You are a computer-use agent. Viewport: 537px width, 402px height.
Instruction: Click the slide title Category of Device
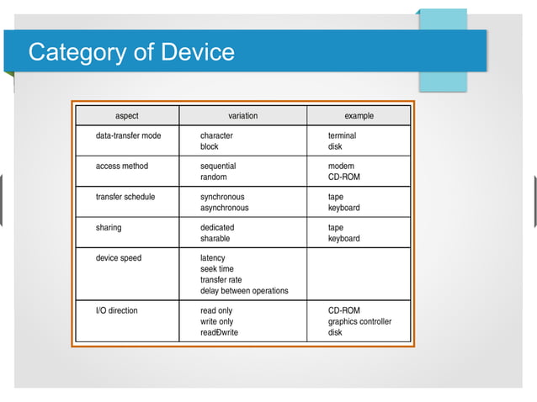pos(131,52)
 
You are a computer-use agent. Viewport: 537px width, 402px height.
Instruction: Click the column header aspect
pos(127,116)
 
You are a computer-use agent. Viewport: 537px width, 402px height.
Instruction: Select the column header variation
pos(243,116)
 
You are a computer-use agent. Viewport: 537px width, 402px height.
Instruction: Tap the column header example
pos(359,116)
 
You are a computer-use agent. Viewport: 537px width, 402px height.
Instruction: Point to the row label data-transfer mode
pos(129,135)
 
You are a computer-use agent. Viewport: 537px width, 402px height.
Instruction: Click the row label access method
pos(122,167)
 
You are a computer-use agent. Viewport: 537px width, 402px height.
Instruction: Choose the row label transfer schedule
pos(125,197)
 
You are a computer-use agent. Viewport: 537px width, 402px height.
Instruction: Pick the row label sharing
pos(109,228)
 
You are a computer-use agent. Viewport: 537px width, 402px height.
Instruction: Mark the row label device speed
pos(119,258)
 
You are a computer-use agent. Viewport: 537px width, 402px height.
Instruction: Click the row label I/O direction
pos(117,310)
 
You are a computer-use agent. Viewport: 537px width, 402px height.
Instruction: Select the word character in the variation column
pos(216,135)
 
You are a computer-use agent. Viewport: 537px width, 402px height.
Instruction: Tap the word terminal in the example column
pos(342,135)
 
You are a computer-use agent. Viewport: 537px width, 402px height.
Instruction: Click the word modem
pos(341,167)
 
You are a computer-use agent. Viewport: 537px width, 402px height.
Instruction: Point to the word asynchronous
pos(224,208)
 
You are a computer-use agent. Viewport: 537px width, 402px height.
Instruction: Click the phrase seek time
pos(217,269)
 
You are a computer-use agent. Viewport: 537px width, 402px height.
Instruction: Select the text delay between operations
pos(244,291)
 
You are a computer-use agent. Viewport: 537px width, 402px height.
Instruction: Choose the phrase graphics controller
pos(359,321)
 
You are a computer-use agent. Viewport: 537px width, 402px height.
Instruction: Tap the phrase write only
pos(216,321)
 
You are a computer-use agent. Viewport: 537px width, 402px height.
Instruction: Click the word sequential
pos(218,167)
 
